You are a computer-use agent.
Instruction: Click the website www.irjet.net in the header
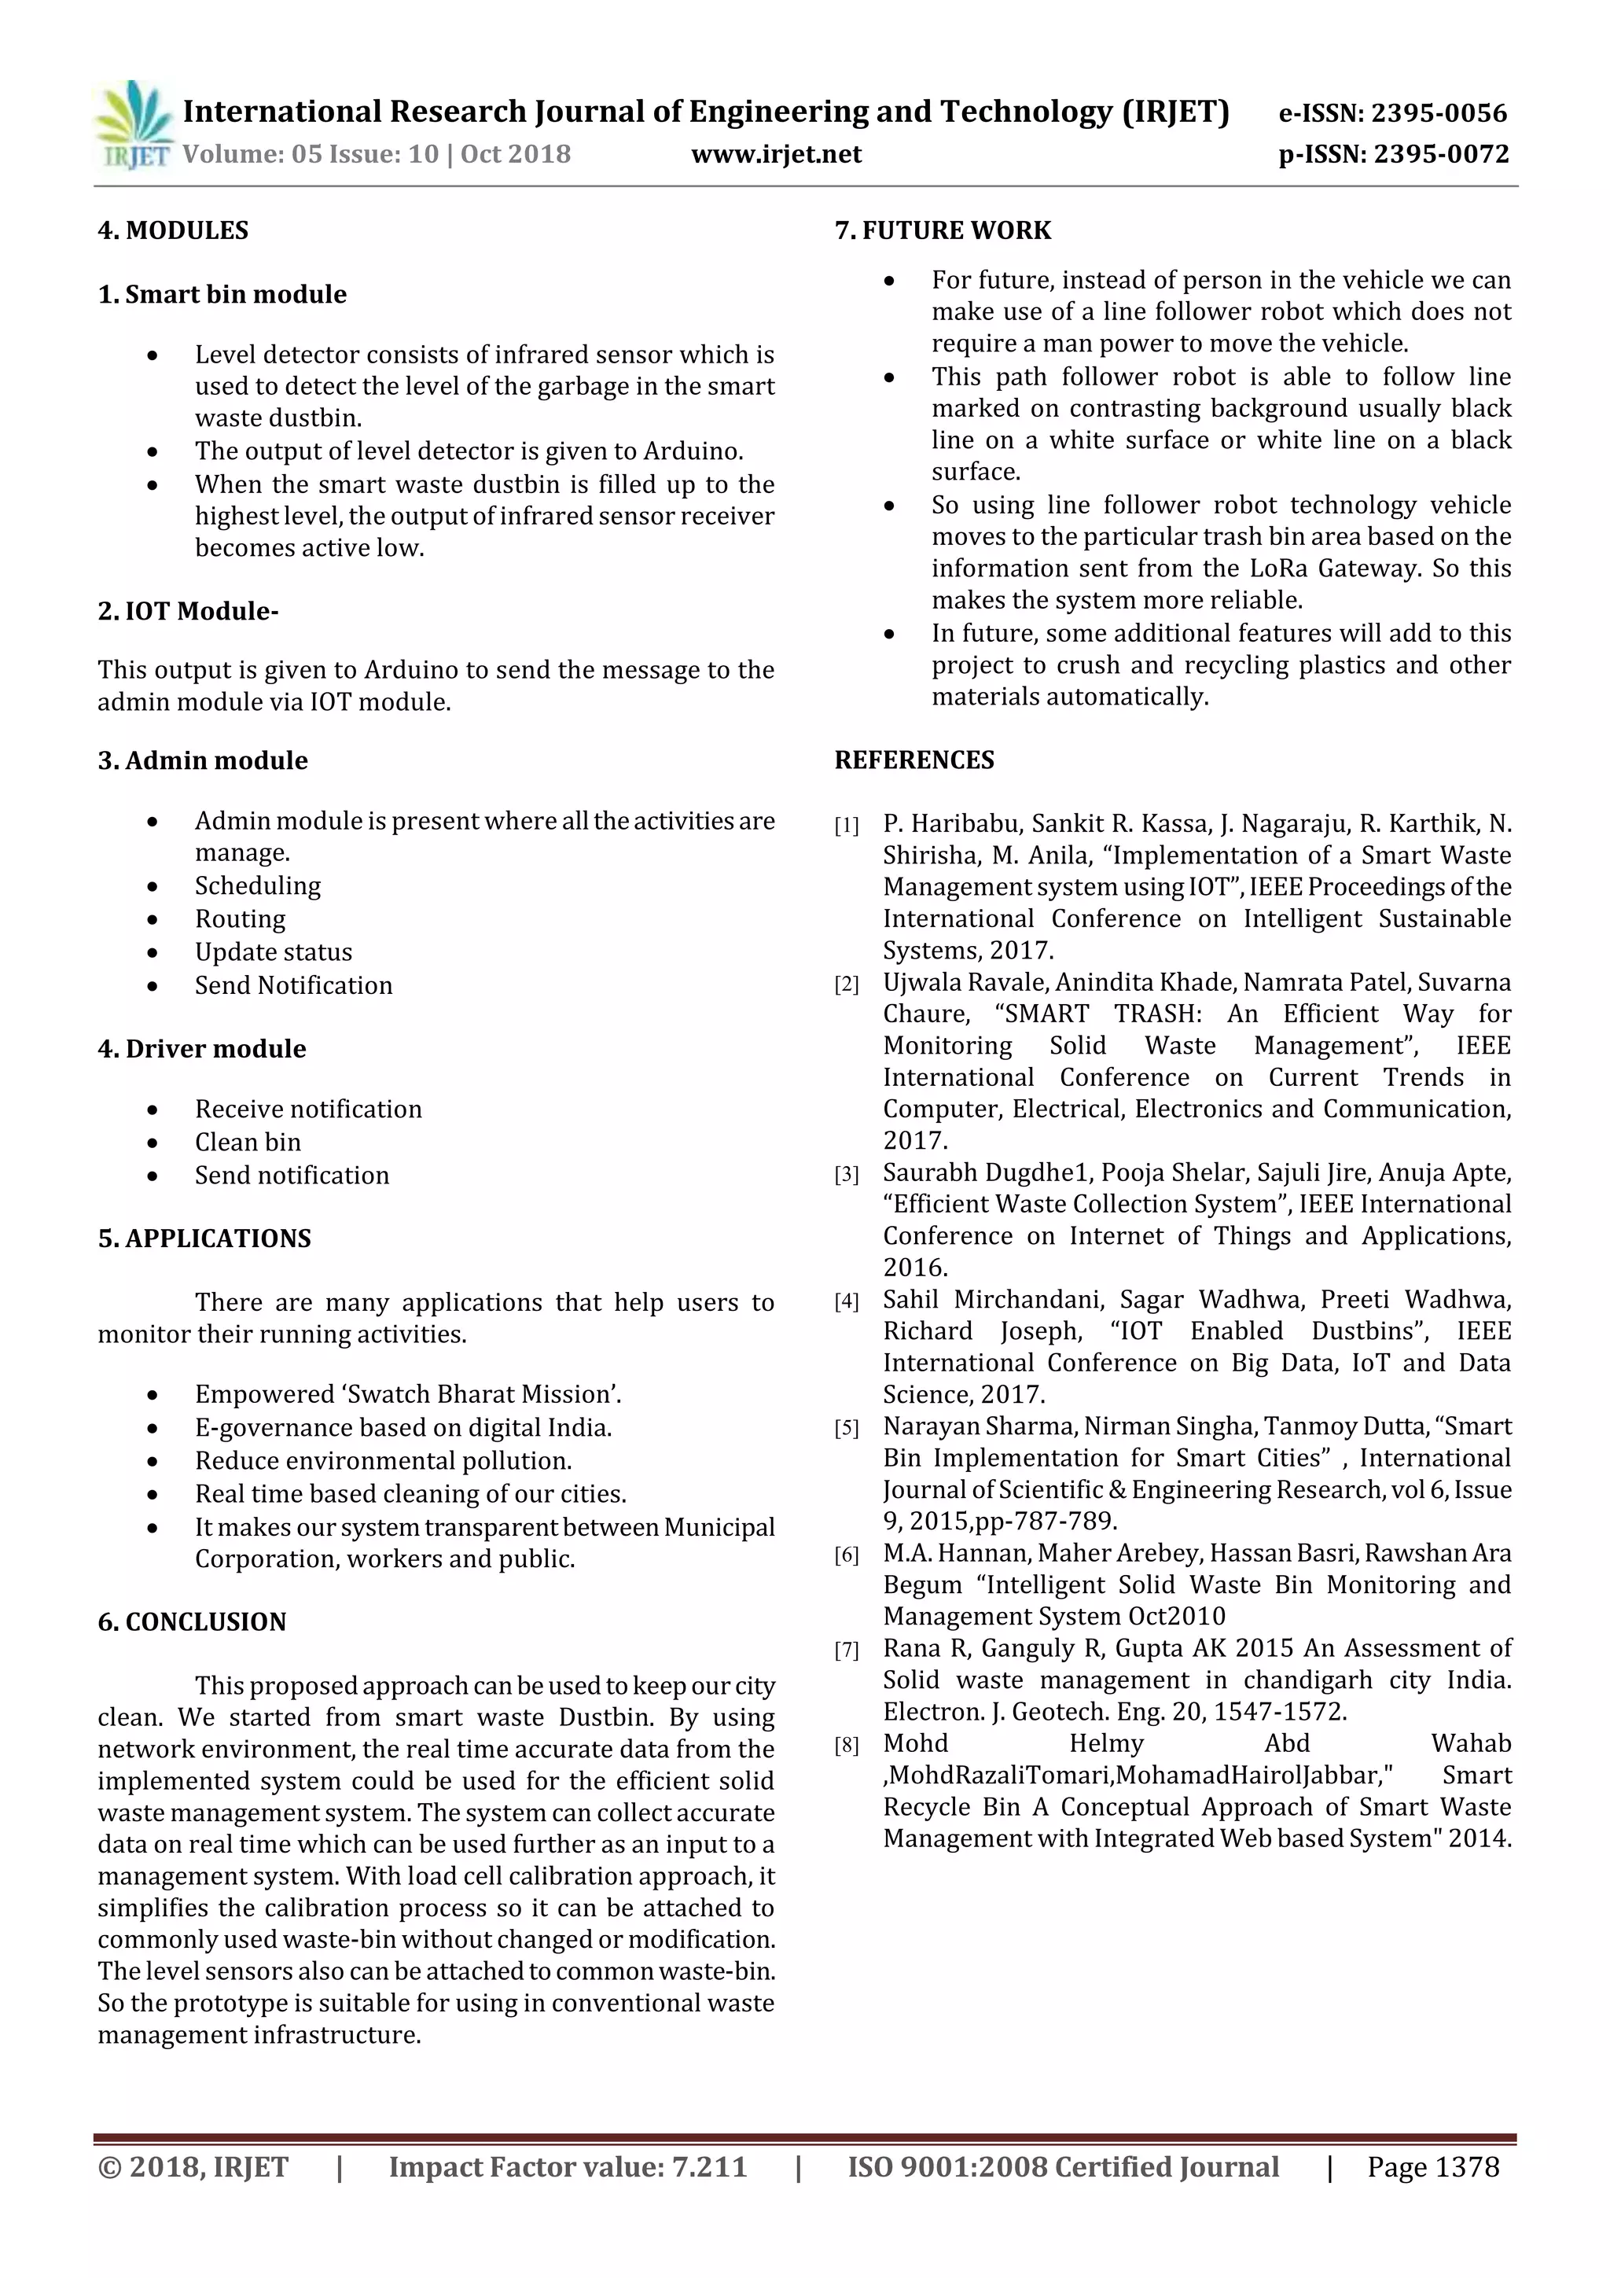point(776,155)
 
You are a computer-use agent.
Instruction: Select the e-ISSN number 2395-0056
point(1439,113)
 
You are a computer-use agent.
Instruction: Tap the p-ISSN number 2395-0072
point(1440,155)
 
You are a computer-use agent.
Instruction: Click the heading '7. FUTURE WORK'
point(942,230)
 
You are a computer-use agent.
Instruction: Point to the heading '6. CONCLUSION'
point(192,1621)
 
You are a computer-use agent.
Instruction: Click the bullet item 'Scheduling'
point(257,885)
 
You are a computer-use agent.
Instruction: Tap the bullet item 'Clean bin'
point(247,1142)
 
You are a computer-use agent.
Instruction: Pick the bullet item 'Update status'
point(273,951)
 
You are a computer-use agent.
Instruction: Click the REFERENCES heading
point(913,760)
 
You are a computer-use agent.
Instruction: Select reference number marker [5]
point(846,1429)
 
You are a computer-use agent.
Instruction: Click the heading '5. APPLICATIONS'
point(204,1238)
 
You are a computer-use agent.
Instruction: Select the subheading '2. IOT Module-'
point(187,610)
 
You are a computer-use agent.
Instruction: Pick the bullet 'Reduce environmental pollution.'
point(383,1460)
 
